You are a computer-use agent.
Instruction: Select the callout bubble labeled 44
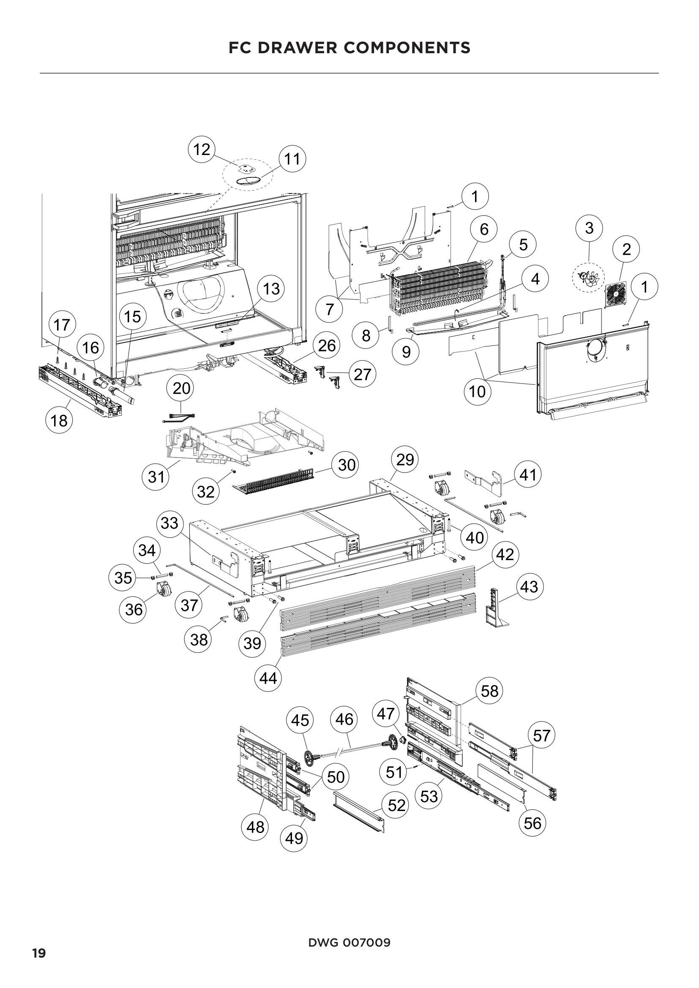point(268,678)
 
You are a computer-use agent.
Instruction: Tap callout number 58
point(489,691)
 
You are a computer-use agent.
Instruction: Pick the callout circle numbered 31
point(156,476)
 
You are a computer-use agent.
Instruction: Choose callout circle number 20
point(181,389)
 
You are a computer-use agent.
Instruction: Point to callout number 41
point(528,475)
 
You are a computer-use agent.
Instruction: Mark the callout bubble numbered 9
point(406,352)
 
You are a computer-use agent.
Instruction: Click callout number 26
point(327,345)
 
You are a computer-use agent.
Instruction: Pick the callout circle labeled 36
point(134,610)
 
